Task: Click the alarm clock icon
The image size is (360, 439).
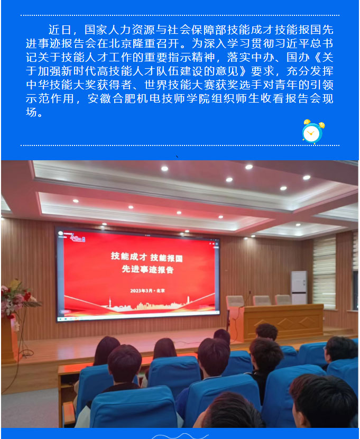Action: (x=313, y=132)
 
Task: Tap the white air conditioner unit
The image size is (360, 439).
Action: (x=299, y=288)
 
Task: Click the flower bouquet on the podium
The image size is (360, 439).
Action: (x=17, y=299)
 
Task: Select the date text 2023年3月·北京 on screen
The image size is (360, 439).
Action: (x=147, y=290)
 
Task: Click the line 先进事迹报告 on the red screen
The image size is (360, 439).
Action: (x=147, y=269)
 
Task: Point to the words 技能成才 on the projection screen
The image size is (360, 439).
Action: (x=129, y=256)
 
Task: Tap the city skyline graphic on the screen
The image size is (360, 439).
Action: (x=148, y=305)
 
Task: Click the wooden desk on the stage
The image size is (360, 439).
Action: (x=282, y=322)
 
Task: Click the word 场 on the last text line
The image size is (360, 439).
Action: (x=31, y=112)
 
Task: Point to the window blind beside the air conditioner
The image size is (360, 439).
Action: (x=324, y=271)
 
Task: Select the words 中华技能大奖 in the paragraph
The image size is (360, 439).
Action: (x=61, y=85)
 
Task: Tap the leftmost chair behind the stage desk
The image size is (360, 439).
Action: (x=235, y=301)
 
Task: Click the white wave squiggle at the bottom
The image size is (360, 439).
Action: (x=180, y=436)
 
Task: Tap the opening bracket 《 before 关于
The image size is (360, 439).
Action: (x=316, y=57)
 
